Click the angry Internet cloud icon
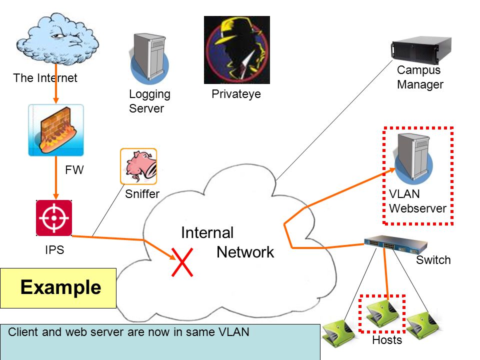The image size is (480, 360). (x=57, y=38)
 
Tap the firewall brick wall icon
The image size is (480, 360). (x=56, y=130)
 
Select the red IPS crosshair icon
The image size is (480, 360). (x=54, y=218)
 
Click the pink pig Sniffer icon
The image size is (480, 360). (x=138, y=166)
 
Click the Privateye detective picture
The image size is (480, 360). (x=237, y=50)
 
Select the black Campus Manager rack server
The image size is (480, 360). (x=421, y=49)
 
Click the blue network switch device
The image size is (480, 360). (x=395, y=244)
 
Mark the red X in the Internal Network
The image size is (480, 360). (x=182, y=262)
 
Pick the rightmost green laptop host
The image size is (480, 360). (x=423, y=325)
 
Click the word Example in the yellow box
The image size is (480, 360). (x=60, y=287)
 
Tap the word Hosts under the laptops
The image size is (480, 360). (x=387, y=340)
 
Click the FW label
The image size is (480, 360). (x=74, y=170)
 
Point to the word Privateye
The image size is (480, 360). (x=236, y=94)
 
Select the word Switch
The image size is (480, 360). (x=433, y=260)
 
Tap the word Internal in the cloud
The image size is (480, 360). (x=207, y=232)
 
